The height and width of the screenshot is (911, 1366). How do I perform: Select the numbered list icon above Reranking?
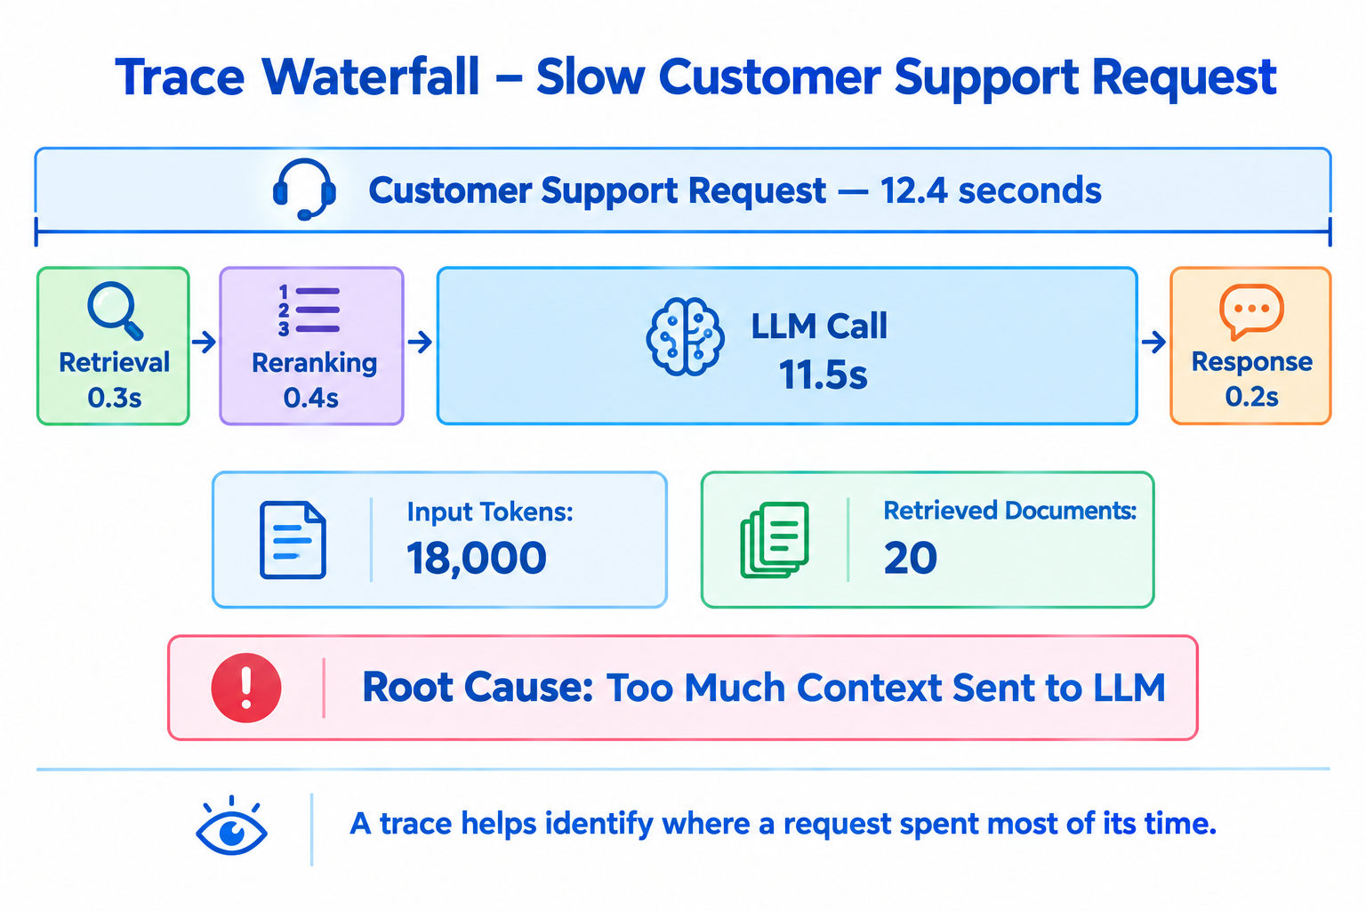click(309, 310)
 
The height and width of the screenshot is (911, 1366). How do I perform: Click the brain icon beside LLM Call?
click(685, 336)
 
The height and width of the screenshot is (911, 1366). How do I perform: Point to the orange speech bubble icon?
click(1251, 311)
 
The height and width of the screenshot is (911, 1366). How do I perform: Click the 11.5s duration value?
click(823, 374)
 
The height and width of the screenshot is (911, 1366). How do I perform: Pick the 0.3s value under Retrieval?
click(115, 398)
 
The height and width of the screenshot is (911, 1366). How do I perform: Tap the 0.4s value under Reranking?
click(311, 398)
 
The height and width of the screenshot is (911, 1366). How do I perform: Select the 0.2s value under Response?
click(1251, 397)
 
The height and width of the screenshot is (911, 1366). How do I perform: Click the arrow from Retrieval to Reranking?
click(205, 342)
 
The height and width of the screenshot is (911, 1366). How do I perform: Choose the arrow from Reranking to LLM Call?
click(420, 342)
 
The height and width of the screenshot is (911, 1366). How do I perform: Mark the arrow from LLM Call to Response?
click(1153, 342)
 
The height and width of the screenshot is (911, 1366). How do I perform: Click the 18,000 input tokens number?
click(477, 558)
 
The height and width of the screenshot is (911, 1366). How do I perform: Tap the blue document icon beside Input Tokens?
click(293, 540)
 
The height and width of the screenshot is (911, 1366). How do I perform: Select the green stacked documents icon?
click(775, 539)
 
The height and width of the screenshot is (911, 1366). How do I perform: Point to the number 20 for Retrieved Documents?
click(910, 558)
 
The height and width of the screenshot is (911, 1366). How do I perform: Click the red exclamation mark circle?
click(246, 688)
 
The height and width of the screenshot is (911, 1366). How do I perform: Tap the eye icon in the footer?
click(231, 826)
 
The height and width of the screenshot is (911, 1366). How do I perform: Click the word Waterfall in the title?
click(371, 77)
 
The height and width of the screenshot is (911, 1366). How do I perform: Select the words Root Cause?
click(478, 688)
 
